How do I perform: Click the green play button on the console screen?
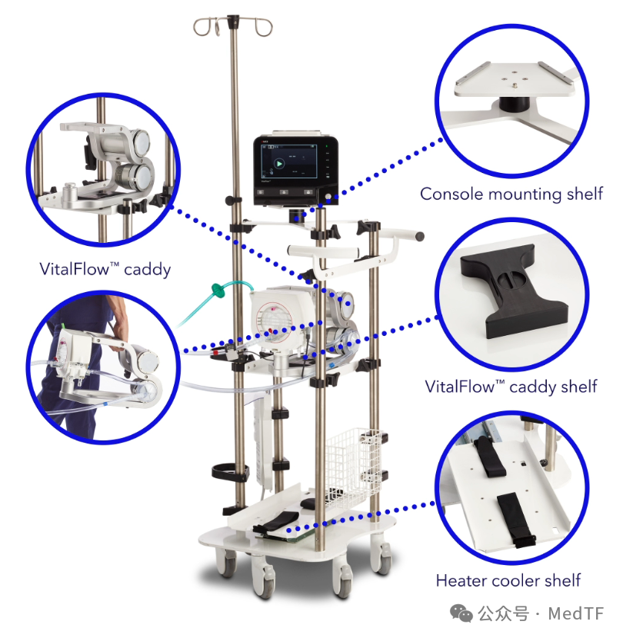coord(279,164)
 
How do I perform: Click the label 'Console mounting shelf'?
coord(511,194)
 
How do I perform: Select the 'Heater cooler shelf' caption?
coord(508,580)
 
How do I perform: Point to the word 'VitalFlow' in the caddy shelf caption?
coord(460,387)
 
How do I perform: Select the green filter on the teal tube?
coord(218,291)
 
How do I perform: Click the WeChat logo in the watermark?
coord(461,613)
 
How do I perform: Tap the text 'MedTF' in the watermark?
coord(576,613)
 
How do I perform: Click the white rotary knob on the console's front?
coord(328,197)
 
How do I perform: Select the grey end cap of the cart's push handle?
coord(420,236)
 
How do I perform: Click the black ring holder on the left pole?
coord(230,471)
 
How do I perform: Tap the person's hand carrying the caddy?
coord(118,333)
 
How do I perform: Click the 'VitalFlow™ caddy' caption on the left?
coord(105,269)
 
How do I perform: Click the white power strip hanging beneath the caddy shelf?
coord(262,444)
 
